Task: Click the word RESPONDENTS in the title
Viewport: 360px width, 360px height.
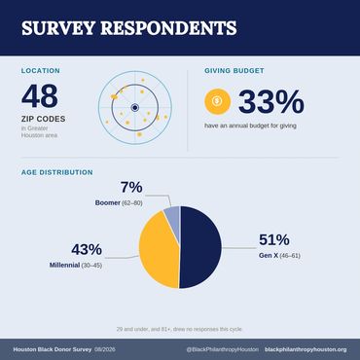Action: click(168, 28)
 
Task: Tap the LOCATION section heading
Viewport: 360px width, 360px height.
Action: click(41, 71)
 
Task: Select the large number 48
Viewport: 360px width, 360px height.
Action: click(40, 96)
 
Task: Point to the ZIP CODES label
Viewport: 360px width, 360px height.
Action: click(44, 119)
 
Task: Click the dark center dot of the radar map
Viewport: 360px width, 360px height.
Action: click(135, 108)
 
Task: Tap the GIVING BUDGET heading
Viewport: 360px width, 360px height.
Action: click(234, 71)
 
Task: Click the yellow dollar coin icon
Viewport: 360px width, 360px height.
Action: click(217, 101)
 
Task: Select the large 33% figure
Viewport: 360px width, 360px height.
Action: click(271, 102)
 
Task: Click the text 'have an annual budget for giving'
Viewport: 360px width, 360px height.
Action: click(250, 126)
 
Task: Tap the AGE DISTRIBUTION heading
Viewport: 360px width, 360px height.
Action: click(57, 172)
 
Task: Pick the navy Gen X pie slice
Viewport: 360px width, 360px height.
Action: click(200, 247)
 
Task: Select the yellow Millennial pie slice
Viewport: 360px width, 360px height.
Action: click(159, 250)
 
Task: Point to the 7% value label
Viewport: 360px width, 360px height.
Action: click(131, 188)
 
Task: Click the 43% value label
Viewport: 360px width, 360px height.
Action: click(87, 250)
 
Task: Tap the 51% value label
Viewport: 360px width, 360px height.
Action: click(274, 240)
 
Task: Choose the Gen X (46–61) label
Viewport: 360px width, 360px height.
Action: click(279, 256)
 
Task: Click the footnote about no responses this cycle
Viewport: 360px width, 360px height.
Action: click(180, 329)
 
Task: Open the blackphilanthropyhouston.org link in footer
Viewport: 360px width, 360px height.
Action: click(306, 349)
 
